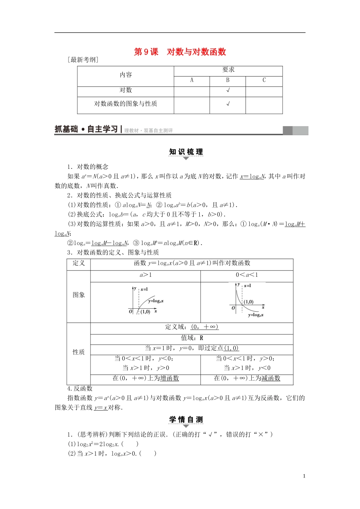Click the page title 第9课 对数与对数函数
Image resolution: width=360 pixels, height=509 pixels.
180,52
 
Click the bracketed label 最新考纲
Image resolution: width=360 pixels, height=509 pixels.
83,60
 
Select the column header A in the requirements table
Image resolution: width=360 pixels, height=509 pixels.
192,80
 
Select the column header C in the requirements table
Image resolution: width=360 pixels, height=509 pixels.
264,80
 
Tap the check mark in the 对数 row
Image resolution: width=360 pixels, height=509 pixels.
228,91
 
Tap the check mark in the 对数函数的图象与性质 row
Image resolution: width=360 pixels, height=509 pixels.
228,104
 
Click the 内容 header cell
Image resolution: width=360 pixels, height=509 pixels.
126,75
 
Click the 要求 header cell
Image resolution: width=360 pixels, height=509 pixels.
228,70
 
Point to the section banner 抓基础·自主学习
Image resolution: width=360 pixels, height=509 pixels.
86,130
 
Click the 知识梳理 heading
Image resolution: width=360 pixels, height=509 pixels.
186,152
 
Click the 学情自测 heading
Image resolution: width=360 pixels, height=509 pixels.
186,420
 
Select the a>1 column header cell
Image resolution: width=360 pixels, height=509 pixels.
146,275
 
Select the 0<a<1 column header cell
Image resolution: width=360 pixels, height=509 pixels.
247,275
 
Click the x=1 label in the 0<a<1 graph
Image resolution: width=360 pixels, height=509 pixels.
247,286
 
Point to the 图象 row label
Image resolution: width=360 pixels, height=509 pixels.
79,295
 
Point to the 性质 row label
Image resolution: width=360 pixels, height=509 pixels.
79,352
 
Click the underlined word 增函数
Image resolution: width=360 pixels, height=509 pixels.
169,378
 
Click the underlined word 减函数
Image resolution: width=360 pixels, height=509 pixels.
271,378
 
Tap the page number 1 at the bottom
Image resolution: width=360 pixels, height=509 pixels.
304,476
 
